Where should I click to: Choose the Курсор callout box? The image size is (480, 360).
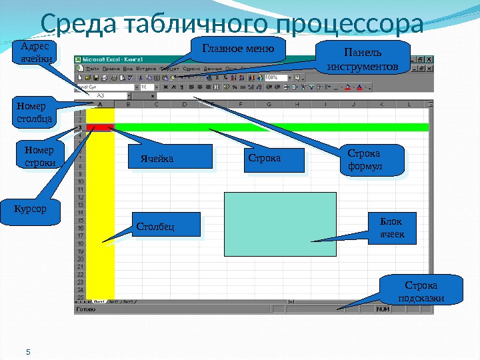click(31, 210)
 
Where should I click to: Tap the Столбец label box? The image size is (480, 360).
click(166, 225)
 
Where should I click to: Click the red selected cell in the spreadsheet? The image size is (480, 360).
click(99, 127)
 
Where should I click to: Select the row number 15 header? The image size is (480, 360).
click(80, 220)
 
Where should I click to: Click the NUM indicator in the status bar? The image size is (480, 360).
click(383, 309)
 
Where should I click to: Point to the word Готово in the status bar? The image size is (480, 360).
click(86, 310)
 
